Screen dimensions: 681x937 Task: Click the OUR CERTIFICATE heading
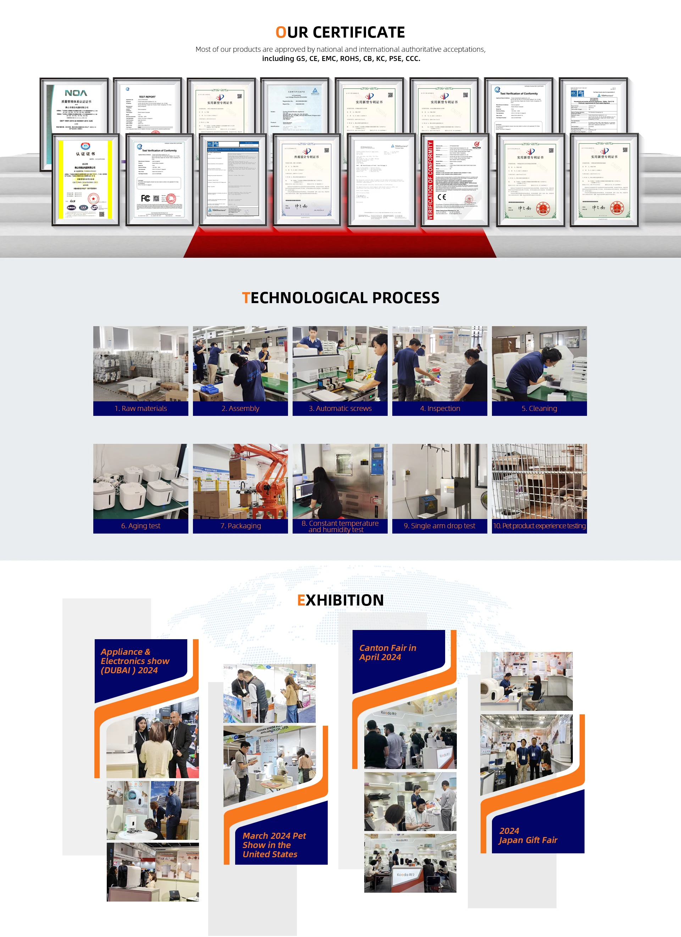tap(340, 32)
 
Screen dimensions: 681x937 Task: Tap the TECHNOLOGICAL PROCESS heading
tap(340, 297)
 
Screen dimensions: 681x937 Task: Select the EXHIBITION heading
tap(340, 600)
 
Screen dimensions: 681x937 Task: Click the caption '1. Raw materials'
tap(140, 408)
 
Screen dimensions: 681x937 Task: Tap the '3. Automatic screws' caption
tap(340, 408)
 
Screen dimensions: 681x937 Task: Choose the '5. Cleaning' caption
tap(539, 408)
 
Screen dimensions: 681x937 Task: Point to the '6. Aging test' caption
tap(140, 525)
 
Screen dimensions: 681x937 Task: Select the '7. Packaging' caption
tap(240, 525)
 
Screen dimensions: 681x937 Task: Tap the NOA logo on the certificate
tap(76, 93)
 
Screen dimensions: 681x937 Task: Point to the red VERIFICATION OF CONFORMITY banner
tap(430, 180)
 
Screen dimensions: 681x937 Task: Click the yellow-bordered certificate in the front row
tap(85, 180)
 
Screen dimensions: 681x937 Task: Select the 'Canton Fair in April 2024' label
tap(388, 652)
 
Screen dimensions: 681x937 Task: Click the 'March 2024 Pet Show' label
tap(274, 844)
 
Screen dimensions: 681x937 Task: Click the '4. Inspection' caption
tap(440, 408)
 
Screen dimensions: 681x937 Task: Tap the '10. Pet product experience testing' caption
tap(539, 525)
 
